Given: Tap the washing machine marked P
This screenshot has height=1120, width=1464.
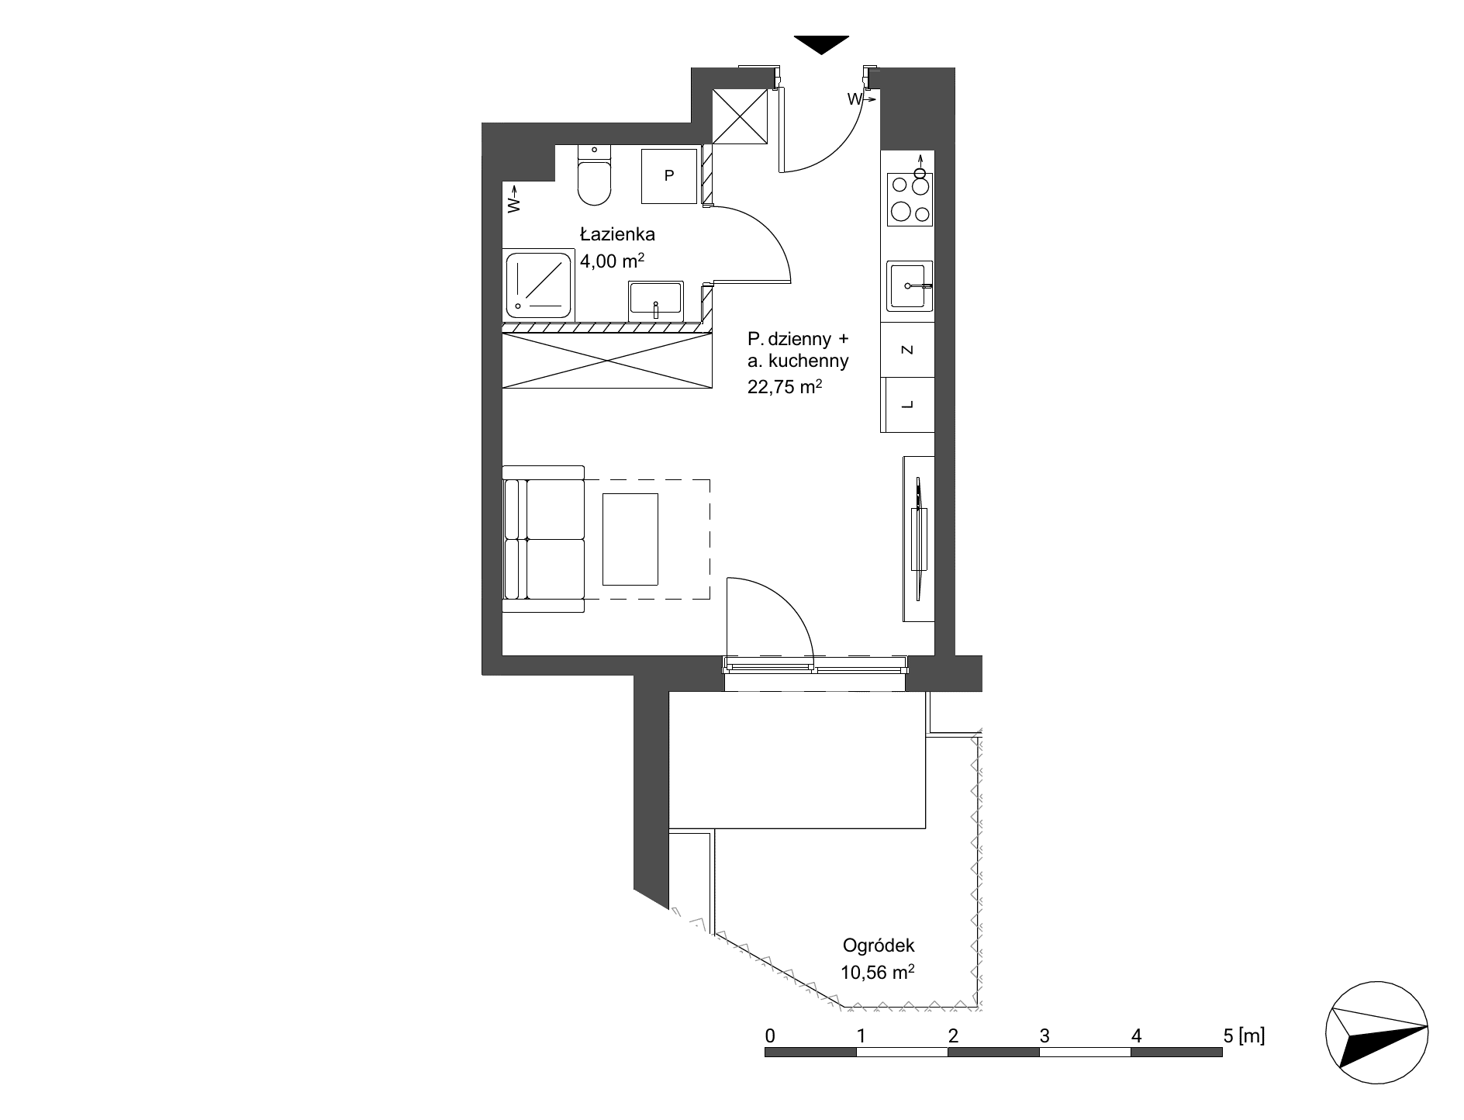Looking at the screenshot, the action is [668, 175].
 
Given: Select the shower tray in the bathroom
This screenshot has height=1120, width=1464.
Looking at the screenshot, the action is [539, 285].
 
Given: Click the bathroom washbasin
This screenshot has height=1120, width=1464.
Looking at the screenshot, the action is [656, 301].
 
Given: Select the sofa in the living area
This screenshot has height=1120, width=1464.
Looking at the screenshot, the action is [543, 539].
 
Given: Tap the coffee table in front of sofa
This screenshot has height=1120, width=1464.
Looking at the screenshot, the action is [630, 539].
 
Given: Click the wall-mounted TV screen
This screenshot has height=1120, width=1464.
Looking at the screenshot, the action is [920, 538].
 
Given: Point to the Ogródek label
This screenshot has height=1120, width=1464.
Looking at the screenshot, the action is [879, 945].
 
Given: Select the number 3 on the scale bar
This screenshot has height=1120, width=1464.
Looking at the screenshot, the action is [1044, 1035].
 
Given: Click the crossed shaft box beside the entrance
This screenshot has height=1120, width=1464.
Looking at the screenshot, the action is [740, 116].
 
